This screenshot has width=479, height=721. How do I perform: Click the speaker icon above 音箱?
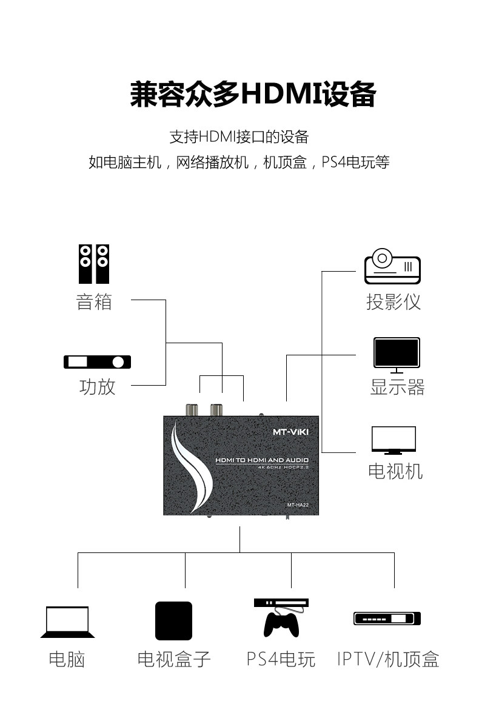coord(94,264)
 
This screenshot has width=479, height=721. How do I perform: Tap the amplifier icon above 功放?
coord(97,362)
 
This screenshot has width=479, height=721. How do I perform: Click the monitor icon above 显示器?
coord(397,355)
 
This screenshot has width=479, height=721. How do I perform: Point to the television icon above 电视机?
coord(394,440)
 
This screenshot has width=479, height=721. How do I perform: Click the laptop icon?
coord(67,622)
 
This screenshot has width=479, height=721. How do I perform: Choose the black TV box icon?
coord(173,621)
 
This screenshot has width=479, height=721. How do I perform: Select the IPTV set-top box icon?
coord(387,619)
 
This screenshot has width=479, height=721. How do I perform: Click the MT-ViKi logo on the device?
coord(290,432)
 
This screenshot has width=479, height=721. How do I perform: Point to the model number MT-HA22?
coord(298,505)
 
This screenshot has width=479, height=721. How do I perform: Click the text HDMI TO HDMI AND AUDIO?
coord(262,460)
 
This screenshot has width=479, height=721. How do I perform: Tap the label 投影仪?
coord(394,302)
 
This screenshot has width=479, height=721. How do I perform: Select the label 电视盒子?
coord(174,659)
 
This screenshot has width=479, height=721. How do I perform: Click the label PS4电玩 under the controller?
coord(281,659)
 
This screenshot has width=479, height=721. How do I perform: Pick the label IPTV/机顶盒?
coord(388,659)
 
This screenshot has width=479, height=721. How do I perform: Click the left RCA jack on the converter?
coord(192,410)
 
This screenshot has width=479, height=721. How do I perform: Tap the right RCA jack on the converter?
coord(216,410)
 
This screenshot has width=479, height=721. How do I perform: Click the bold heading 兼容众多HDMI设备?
coord(253,94)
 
